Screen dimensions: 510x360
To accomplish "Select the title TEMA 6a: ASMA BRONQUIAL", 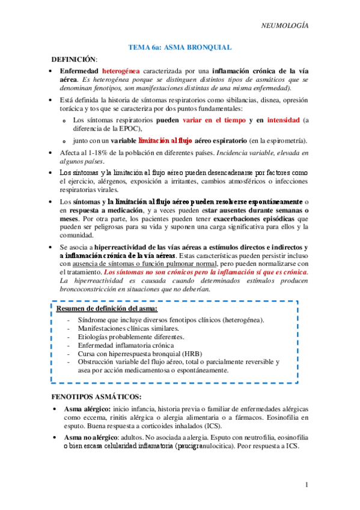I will [180, 46].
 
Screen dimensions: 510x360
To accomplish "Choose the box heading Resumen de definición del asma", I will [107, 309].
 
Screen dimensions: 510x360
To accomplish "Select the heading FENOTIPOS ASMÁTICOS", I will [97, 398].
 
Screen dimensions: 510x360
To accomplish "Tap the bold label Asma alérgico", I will [87, 409].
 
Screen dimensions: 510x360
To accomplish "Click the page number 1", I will [306, 485].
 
